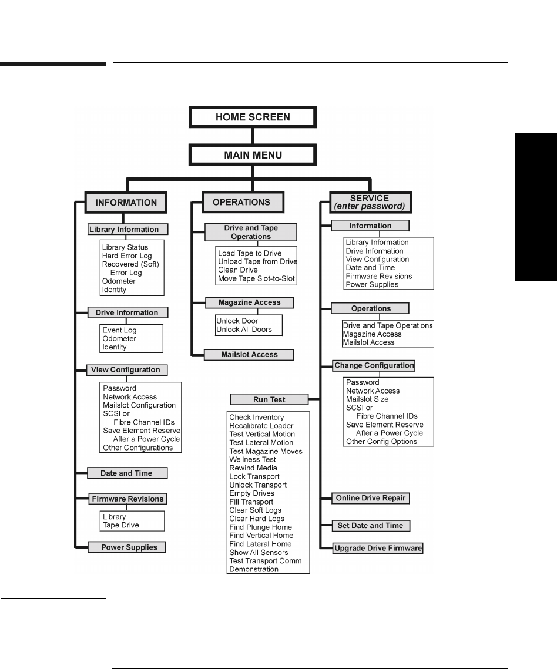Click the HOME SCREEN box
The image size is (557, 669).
(253, 117)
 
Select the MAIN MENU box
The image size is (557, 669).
(253, 156)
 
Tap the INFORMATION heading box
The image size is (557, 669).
(126, 203)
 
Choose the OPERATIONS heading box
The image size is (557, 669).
(241, 202)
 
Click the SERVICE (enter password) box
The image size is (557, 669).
(370, 202)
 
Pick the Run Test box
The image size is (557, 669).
(269, 399)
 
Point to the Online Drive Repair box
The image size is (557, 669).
(371, 498)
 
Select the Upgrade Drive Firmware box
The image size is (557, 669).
(378, 548)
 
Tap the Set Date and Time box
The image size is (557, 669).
(370, 525)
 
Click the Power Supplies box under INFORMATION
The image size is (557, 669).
(126, 547)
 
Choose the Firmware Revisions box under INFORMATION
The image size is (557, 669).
(127, 499)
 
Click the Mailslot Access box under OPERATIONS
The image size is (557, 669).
(249, 354)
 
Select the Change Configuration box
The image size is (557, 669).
(374, 365)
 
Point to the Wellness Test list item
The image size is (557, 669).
(253, 459)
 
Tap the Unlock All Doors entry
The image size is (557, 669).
(244, 330)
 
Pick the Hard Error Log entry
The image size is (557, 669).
(127, 256)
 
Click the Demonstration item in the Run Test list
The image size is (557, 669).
(254, 569)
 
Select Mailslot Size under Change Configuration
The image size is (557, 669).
(367, 399)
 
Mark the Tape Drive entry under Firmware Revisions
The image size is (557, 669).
(121, 525)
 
